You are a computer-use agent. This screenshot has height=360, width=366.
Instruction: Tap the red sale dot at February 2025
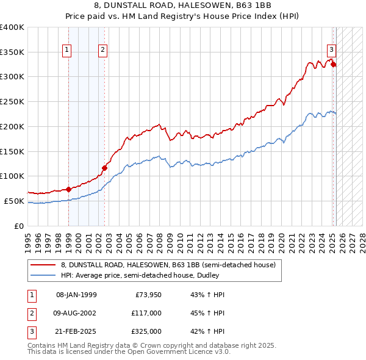(x=334, y=63)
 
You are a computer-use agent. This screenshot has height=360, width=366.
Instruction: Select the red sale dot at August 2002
(x=105, y=167)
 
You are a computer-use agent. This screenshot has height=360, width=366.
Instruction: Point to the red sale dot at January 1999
(x=68, y=189)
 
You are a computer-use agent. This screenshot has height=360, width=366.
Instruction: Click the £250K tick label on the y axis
(x=12, y=101)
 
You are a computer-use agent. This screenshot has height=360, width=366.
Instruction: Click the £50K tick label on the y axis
(x=14, y=201)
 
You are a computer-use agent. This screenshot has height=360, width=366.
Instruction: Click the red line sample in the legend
(x=44, y=265)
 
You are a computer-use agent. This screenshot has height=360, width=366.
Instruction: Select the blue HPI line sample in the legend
(x=44, y=275)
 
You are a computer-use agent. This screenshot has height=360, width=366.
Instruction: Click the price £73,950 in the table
(x=148, y=295)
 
